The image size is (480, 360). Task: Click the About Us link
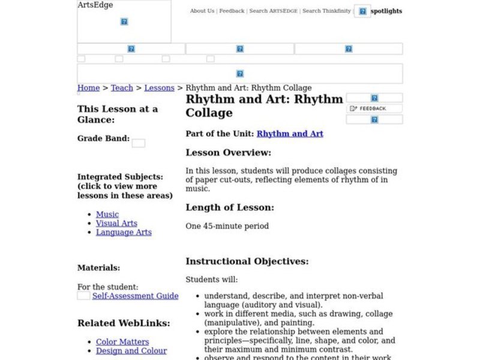[x=202, y=11]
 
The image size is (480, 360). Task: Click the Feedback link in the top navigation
[x=232, y=11]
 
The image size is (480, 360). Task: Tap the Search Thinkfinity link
[x=326, y=11]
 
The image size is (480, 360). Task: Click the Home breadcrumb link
[x=88, y=88]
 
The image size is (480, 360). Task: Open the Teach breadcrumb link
[x=122, y=88]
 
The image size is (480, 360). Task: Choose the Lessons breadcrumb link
[x=159, y=88]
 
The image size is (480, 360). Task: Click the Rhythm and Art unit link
[x=290, y=134]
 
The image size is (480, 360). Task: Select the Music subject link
[x=107, y=214]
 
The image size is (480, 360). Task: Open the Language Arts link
[x=124, y=232]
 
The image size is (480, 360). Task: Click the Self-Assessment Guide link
[x=135, y=296]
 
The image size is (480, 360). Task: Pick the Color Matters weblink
[x=122, y=342]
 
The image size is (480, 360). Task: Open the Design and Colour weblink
[x=131, y=351]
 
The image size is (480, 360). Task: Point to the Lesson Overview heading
[x=228, y=152]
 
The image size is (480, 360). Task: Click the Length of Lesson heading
[x=229, y=208]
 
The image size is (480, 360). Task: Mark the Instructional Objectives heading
[x=247, y=262]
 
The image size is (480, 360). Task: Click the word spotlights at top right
[x=386, y=11]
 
